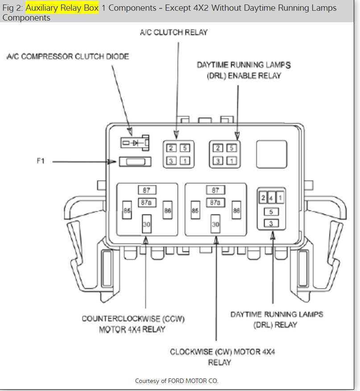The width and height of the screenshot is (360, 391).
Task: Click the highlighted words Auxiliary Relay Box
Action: (x=62, y=8)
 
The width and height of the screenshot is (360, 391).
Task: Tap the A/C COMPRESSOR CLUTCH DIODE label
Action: (x=68, y=57)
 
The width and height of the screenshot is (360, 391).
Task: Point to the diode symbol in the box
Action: (x=134, y=143)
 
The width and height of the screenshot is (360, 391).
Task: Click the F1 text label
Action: (x=41, y=161)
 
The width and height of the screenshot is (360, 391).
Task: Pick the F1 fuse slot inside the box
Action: (x=135, y=162)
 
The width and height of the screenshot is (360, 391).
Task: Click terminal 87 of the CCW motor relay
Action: (x=146, y=190)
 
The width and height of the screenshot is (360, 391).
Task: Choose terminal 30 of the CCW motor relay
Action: (x=146, y=224)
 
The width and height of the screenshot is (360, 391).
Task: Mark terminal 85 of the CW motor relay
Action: (x=195, y=210)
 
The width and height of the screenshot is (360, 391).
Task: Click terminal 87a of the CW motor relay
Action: (x=215, y=202)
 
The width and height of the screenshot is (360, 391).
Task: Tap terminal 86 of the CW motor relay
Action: (x=236, y=210)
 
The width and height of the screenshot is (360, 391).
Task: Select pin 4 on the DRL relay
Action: (x=271, y=198)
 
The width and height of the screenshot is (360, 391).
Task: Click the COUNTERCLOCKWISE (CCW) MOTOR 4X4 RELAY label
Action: (x=133, y=324)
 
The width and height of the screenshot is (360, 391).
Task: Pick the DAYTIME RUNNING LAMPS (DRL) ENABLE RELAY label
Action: (x=244, y=70)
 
